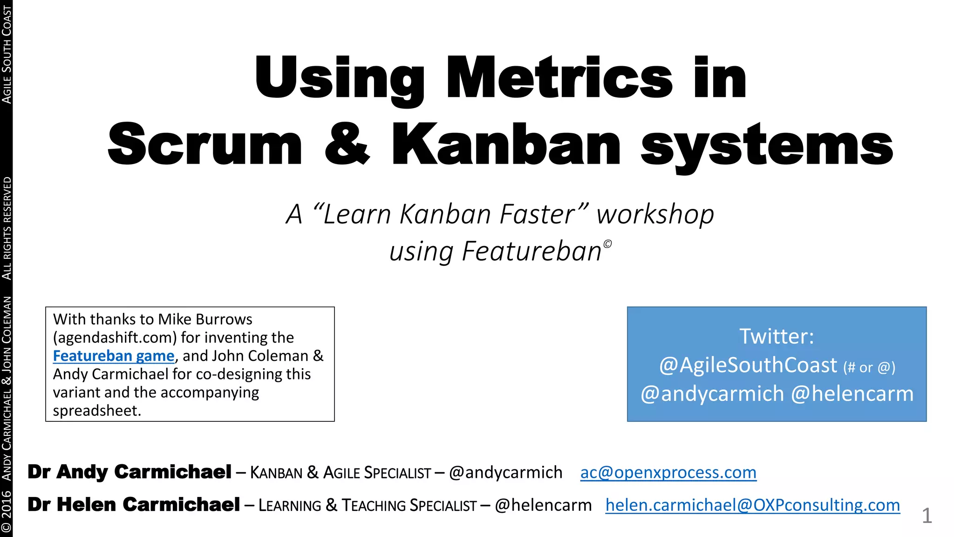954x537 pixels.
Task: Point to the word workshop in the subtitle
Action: coord(655,214)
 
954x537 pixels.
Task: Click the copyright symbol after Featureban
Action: coord(607,244)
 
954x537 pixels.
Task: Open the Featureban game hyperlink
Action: coord(113,356)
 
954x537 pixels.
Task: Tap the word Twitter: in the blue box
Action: coord(777,336)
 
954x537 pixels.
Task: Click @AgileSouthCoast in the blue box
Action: coord(748,365)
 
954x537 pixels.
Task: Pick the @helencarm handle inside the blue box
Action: coord(852,394)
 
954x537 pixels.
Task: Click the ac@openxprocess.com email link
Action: coord(668,472)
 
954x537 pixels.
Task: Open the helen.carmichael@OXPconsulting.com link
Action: coord(752,505)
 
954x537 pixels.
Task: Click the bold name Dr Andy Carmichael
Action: coord(129,472)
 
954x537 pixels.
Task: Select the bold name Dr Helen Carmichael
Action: coord(134,504)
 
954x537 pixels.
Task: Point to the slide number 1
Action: coord(927,516)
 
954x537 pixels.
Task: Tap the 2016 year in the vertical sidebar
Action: coord(7,505)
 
